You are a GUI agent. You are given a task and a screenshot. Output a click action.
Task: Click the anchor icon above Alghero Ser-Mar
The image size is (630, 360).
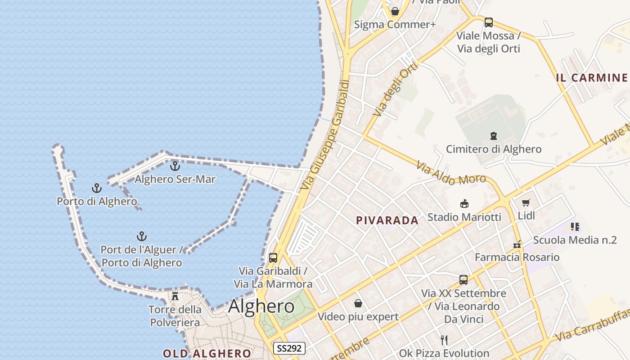175,166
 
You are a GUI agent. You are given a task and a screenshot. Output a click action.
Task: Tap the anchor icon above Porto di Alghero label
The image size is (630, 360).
97,188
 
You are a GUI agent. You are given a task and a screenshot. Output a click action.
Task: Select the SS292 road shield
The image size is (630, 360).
289,348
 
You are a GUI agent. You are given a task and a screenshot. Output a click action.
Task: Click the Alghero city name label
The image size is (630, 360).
261,306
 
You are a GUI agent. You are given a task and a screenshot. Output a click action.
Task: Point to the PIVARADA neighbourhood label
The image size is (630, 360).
387,220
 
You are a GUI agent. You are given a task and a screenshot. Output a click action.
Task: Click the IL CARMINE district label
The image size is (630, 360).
592,78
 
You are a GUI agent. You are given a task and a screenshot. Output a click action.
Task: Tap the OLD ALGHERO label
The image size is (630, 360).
207,353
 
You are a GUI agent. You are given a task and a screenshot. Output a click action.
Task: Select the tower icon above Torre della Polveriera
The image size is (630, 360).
175,296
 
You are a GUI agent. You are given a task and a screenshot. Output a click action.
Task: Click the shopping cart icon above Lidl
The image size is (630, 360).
526,203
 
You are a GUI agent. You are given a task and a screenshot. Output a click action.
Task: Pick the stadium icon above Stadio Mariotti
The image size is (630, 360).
464,204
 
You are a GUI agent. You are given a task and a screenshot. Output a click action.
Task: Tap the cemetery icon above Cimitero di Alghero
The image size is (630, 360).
494,135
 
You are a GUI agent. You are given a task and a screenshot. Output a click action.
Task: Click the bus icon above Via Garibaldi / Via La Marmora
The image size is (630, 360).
273,258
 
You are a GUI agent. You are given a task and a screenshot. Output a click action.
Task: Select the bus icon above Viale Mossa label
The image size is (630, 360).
489,22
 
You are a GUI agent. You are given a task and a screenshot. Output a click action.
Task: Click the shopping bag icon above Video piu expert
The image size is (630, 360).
358,303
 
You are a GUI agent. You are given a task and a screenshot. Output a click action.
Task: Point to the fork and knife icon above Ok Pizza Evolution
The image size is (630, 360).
444,340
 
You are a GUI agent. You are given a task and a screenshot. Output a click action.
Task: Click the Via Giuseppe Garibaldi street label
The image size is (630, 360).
326,135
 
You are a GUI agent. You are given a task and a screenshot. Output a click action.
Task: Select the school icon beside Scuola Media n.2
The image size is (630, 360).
575,227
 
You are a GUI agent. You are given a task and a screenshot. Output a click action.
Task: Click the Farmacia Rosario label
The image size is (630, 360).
517,257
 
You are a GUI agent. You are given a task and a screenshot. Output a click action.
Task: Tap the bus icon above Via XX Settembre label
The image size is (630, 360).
463,280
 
